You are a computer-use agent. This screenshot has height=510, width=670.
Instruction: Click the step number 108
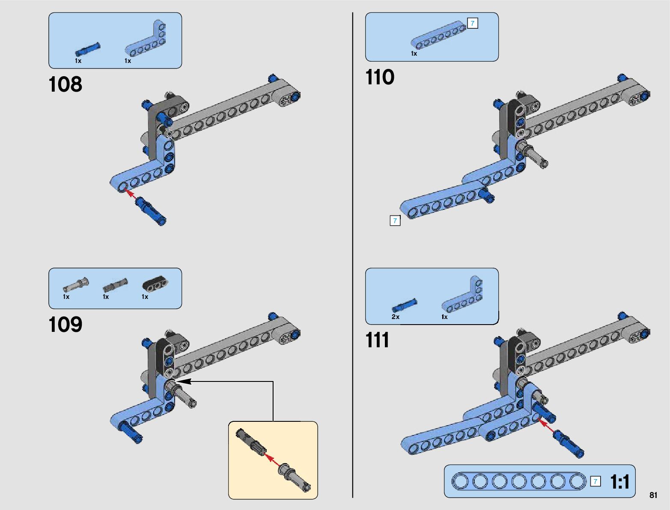pos(66,84)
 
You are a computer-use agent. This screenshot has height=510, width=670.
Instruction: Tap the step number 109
pos(66,325)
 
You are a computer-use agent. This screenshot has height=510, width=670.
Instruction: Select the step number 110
pos(380,78)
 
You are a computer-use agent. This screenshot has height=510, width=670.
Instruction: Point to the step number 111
pos(378,340)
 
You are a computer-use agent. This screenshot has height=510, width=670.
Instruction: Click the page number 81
pos(653,495)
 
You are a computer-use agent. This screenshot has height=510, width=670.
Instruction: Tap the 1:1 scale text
pos(619,482)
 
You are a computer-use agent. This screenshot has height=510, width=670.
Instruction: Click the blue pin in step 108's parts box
pos(88,49)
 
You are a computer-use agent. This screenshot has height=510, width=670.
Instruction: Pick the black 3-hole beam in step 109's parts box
pos(155,283)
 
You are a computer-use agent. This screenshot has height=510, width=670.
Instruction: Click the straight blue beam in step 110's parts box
pos(438,36)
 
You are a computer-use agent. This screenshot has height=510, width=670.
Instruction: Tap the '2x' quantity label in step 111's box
pos(395,317)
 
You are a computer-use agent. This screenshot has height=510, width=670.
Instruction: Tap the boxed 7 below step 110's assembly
pos(395,221)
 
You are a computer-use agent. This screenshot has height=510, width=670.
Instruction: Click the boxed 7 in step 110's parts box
pos(472,23)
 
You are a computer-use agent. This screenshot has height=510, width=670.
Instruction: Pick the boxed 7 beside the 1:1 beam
pos(595,481)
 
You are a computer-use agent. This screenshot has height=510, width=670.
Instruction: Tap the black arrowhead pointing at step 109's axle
pos(182,381)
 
